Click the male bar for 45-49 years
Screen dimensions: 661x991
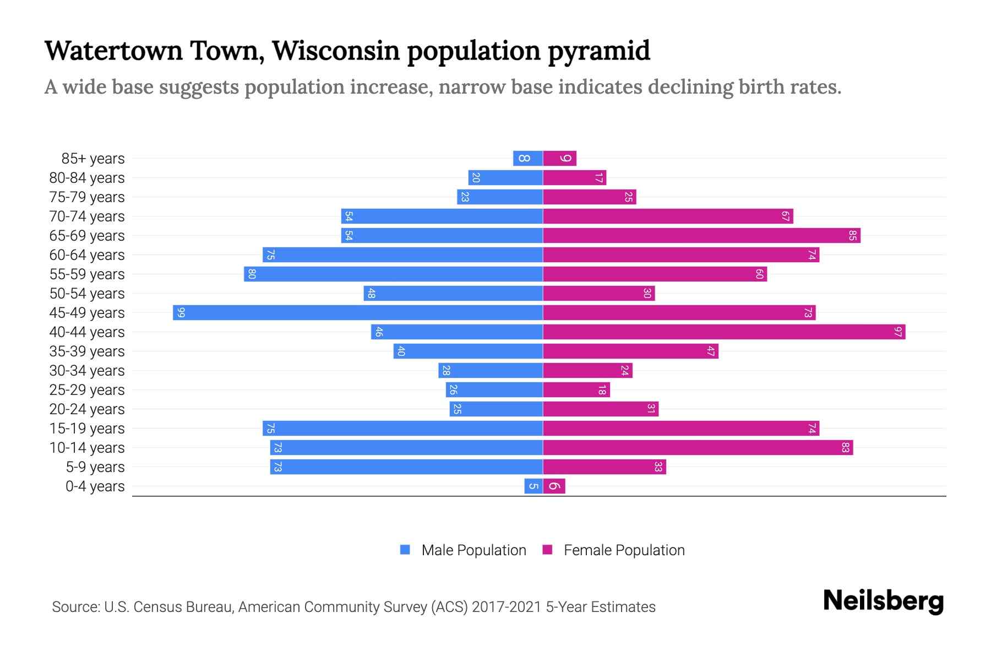tap(358, 313)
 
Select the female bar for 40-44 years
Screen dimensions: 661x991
tap(724, 332)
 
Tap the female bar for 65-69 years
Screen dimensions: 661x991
tap(701, 236)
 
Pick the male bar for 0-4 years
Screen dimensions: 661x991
tap(533, 486)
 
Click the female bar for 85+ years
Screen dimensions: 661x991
tap(559, 159)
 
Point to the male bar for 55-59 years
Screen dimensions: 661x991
tap(393, 274)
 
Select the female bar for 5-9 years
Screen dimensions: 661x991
tap(605, 467)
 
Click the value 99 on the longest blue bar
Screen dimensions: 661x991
tap(181, 313)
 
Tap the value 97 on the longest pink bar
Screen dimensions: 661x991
tap(898, 332)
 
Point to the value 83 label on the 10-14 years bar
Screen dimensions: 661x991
tap(845, 448)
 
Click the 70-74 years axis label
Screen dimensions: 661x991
tap(87, 216)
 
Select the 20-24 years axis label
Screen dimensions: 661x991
tap(87, 409)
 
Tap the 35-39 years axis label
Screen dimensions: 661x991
tap(87, 351)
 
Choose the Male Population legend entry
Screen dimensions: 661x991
tap(473, 550)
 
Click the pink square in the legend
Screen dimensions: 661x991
tap(547, 550)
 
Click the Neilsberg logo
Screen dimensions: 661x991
tap(883, 601)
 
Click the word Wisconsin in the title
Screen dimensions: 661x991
tap(336, 51)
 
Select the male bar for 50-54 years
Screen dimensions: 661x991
tap(453, 294)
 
